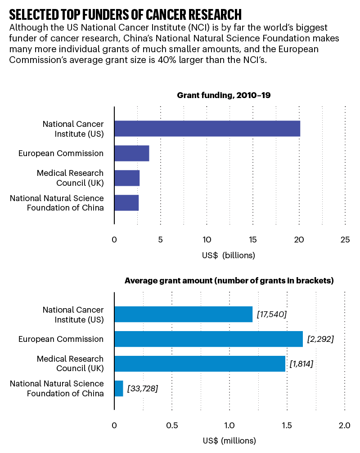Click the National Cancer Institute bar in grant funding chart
pyautogui.click(x=207, y=129)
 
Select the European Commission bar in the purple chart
pyautogui.click(x=131, y=153)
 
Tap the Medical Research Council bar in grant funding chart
pyautogui.click(x=127, y=178)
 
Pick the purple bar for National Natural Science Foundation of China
pyautogui.click(x=126, y=203)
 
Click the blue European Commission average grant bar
pyautogui.click(x=208, y=339)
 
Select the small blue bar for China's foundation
pyautogui.click(x=119, y=388)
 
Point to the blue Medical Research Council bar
pyautogui.click(x=200, y=363)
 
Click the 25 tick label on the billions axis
pyautogui.click(x=345, y=240)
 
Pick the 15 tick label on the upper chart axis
pyautogui.click(x=253, y=240)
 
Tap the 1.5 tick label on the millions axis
pyautogui.click(x=287, y=426)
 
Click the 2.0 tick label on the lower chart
pyautogui.click(x=344, y=426)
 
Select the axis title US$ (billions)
pyautogui.click(x=229, y=256)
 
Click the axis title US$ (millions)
pyautogui.click(x=229, y=440)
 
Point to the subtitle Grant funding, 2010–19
pyautogui.click(x=224, y=95)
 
